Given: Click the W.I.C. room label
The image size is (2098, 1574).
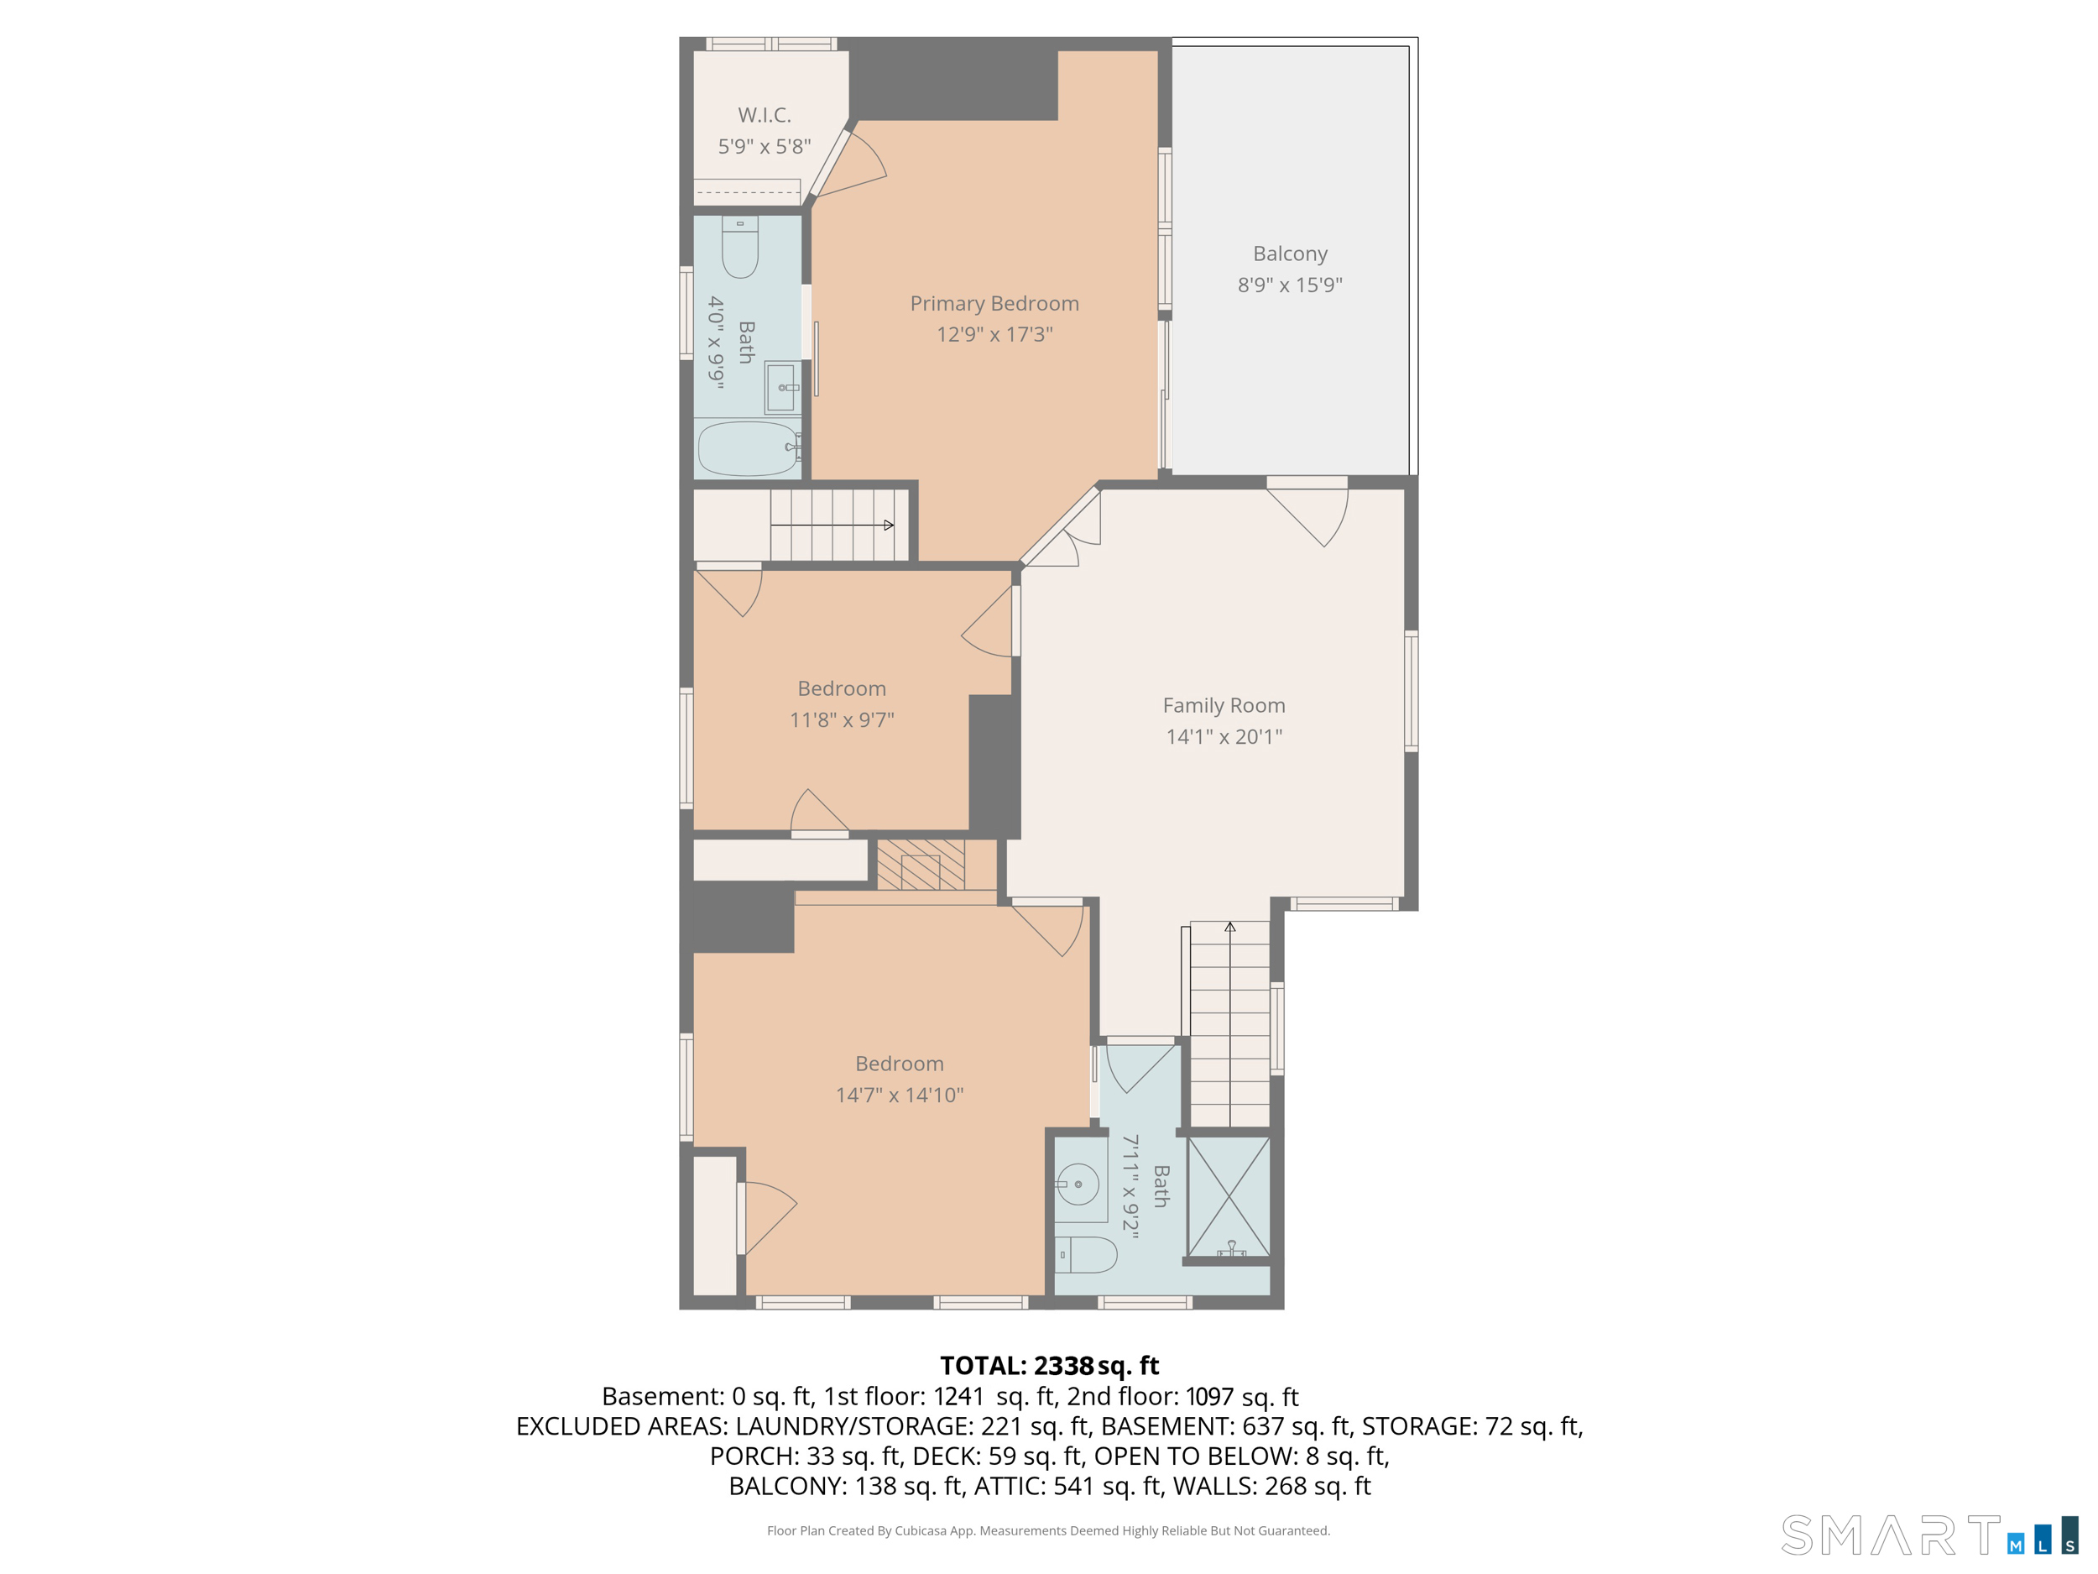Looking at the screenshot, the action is coord(765,115).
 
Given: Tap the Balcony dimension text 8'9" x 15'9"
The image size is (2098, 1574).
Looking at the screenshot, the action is coord(1290,285).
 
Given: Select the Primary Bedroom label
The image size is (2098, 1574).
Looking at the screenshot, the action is coord(994,304).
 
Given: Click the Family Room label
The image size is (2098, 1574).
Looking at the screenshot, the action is coord(1224,705).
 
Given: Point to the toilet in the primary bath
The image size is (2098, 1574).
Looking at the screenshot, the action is coord(740,248).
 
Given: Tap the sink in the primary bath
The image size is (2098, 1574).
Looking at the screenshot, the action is coord(781,387).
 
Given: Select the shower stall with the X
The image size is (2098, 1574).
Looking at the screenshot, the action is coord(1229,1197).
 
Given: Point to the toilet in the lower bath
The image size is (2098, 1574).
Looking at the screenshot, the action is coord(1086,1254).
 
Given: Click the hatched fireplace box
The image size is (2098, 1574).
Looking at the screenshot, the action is coord(920,865).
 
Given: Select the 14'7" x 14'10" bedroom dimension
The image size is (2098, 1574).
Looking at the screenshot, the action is coord(899,1095).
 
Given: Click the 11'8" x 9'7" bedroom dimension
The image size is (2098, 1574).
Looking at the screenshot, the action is coord(841,720).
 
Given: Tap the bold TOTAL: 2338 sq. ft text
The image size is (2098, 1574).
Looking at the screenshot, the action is coord(1049,1365).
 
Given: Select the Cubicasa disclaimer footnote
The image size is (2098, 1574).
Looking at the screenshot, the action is coord(1048,1530).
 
